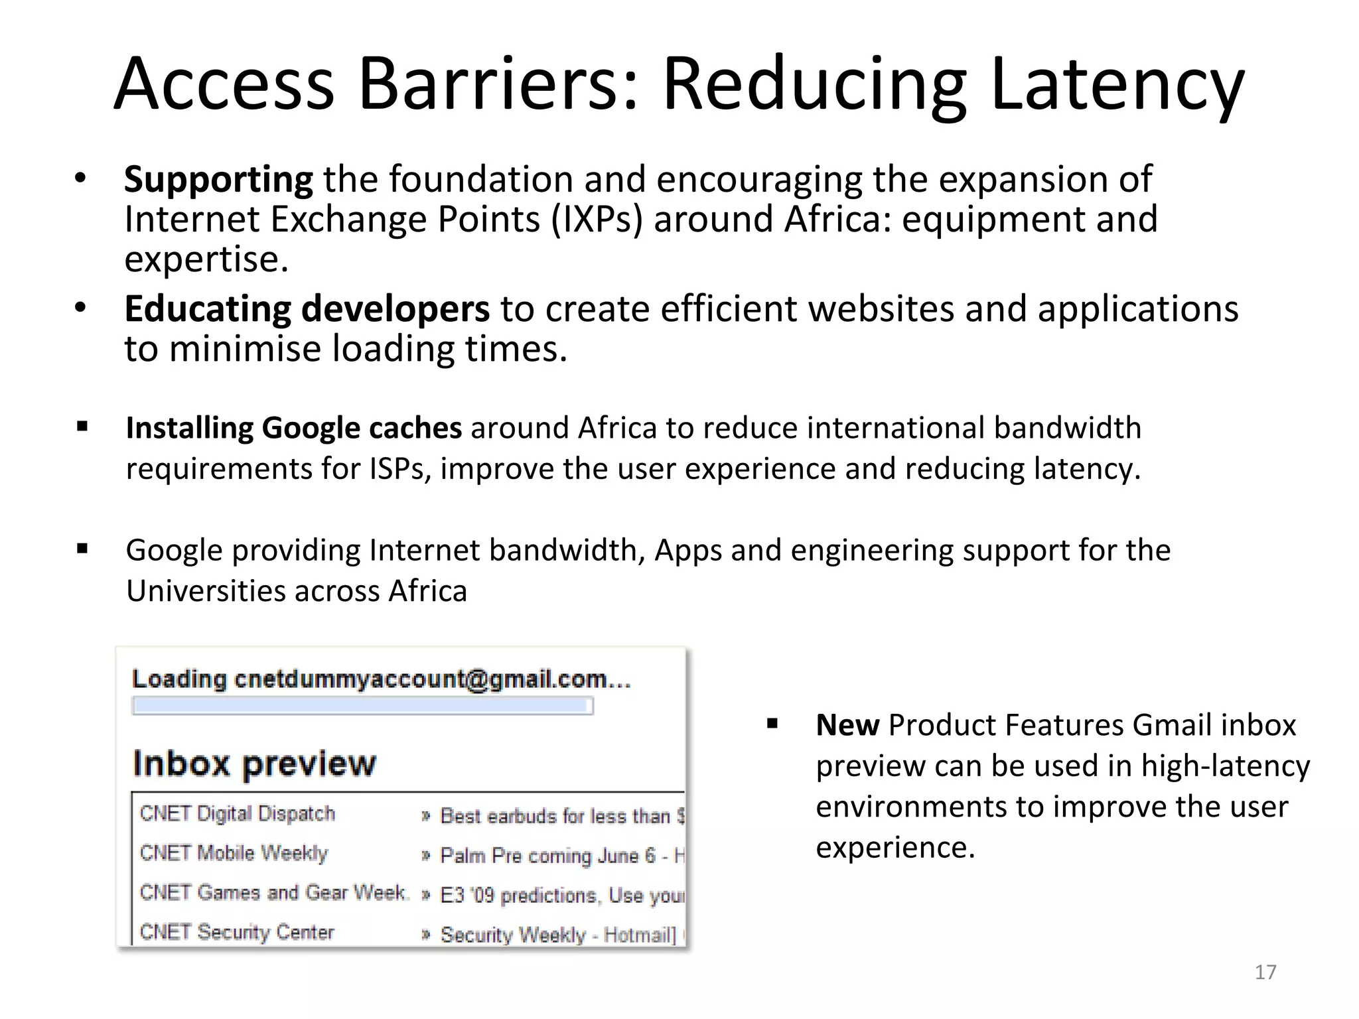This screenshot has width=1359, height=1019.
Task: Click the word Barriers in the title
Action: tap(498, 85)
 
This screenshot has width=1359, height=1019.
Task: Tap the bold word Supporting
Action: tap(218, 180)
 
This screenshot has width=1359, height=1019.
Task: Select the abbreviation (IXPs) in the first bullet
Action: tap(597, 220)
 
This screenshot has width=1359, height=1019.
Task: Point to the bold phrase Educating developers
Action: tap(307, 309)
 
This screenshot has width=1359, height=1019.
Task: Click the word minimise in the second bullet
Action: tap(245, 349)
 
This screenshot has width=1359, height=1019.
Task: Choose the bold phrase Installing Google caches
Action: tap(294, 428)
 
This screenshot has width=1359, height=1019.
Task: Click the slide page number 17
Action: tap(1265, 972)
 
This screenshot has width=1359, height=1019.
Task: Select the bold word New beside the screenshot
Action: tap(847, 725)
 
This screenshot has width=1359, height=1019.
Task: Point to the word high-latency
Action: tap(1225, 766)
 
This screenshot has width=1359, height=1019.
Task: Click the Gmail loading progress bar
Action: tap(362, 706)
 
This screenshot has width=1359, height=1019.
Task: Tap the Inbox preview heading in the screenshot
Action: tap(254, 764)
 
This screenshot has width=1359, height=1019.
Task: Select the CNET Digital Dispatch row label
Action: tap(238, 814)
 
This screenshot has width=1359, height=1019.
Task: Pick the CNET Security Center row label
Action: tap(237, 932)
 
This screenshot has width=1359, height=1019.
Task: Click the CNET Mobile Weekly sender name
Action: tap(234, 853)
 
